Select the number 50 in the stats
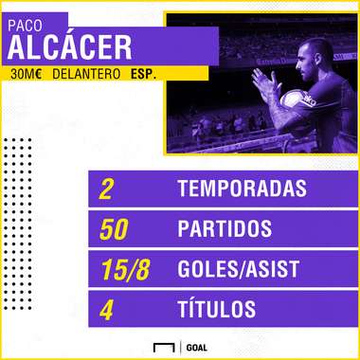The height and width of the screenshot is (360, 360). point(115,228)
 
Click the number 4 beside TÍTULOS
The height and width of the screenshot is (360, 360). point(107,308)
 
